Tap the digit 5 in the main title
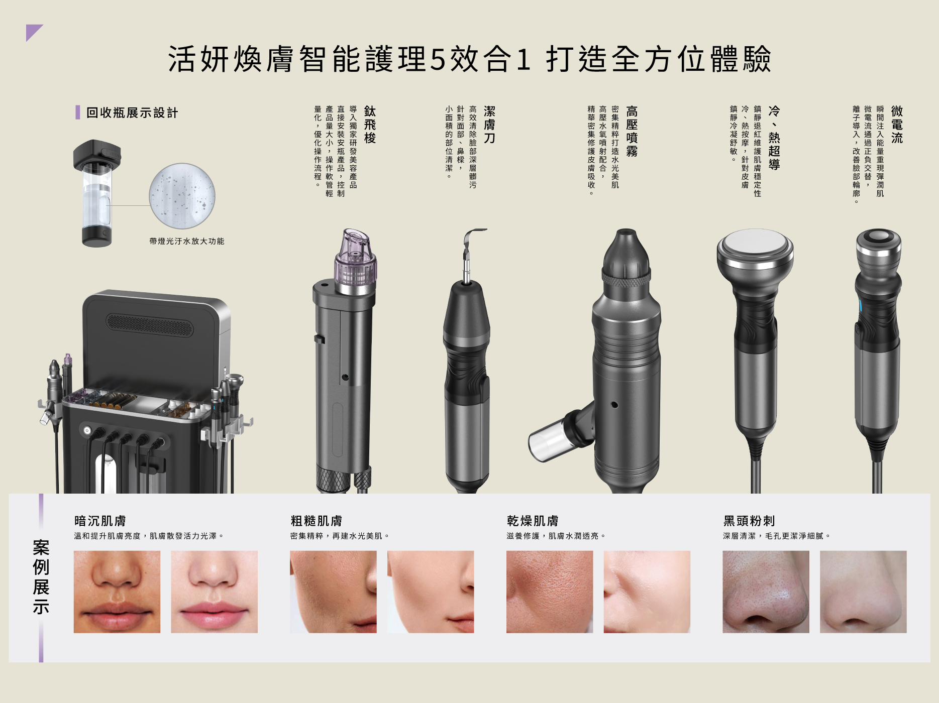pyautogui.click(x=438, y=59)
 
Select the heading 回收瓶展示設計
pyautogui.click(x=132, y=112)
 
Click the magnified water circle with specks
pyautogui.click(x=182, y=196)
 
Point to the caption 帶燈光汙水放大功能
pyautogui.click(x=187, y=241)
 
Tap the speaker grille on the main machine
pyautogui.click(x=149, y=325)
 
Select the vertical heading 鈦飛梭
pyautogui.click(x=370, y=125)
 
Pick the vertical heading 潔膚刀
pyautogui.click(x=489, y=125)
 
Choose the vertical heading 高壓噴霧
pyautogui.click(x=632, y=131)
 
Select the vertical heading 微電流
pyautogui.click(x=897, y=125)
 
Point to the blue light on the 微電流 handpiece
pyautogui.click(x=860, y=306)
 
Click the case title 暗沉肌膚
pyautogui.click(x=100, y=521)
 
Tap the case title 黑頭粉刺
pyautogui.click(x=749, y=521)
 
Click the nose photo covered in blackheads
pyautogui.click(x=766, y=592)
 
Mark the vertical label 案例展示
pyautogui.click(x=41, y=577)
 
